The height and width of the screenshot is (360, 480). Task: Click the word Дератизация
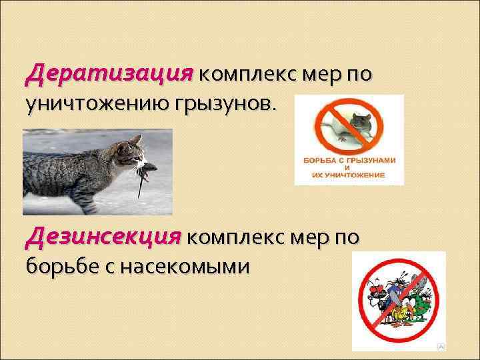[109, 72]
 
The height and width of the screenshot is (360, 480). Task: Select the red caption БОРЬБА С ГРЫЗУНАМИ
[349, 161]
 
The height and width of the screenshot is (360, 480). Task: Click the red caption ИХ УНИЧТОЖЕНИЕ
[349, 175]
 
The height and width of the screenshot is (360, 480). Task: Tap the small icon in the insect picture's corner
[440, 346]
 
